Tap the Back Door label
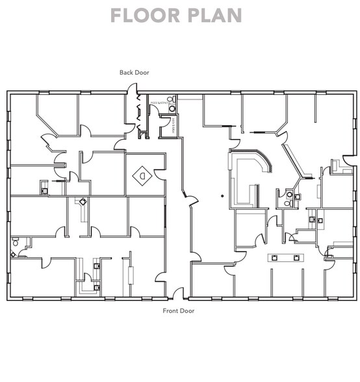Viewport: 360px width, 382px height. [134, 73]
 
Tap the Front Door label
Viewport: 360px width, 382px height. [178, 311]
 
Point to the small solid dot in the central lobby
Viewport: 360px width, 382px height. [222, 195]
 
